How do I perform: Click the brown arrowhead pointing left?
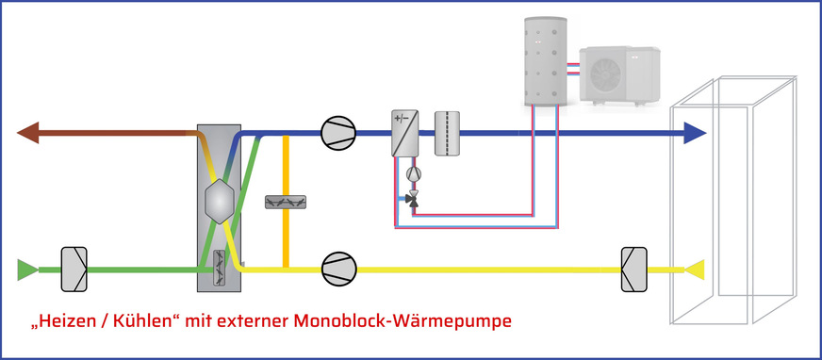point(28,133)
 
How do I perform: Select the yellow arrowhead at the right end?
point(695,270)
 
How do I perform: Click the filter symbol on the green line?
point(74,269)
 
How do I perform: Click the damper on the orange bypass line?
point(284,202)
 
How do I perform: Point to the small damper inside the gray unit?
point(220,269)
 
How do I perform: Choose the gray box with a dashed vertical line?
point(447,133)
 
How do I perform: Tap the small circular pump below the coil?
point(411,174)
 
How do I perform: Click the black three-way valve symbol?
point(411,199)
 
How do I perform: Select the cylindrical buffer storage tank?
point(545,58)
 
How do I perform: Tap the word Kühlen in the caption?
point(143,321)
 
